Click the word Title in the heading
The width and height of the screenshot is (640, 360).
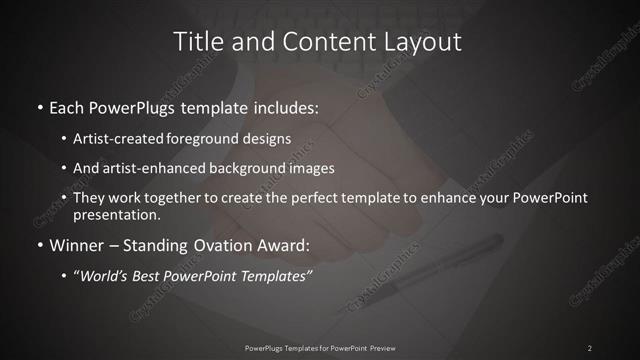coord(197,42)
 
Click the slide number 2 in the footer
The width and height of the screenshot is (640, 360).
coord(590,347)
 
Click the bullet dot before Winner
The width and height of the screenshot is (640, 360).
coord(39,245)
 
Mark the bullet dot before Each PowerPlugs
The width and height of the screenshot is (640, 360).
coord(39,107)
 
